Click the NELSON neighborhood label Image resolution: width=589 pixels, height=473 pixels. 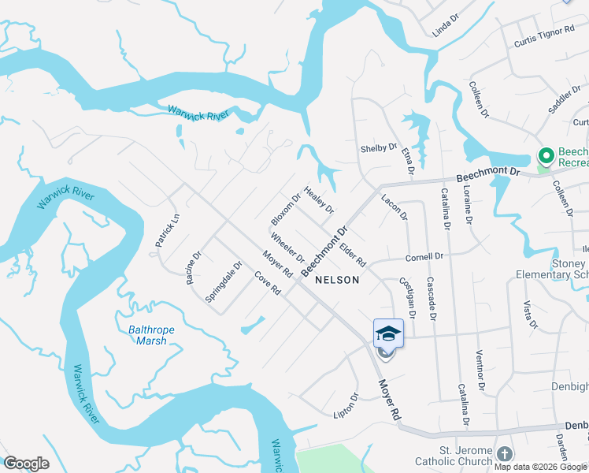pyautogui.click(x=336, y=280)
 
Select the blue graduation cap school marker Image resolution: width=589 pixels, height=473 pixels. pyautogui.click(x=388, y=333)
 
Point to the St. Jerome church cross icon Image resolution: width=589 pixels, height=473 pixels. pyautogui.click(x=504, y=454)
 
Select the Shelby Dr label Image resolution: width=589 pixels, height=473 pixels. pyautogui.click(x=378, y=147)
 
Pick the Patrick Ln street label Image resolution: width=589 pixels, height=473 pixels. pyautogui.click(x=167, y=231)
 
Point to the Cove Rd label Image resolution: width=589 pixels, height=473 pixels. pyautogui.click(x=268, y=283)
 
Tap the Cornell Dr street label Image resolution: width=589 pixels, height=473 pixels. pyautogui.click(x=424, y=256)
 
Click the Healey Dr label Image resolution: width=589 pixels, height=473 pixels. pyautogui.click(x=319, y=200)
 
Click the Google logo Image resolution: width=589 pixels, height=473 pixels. pyautogui.click(x=26, y=464)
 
